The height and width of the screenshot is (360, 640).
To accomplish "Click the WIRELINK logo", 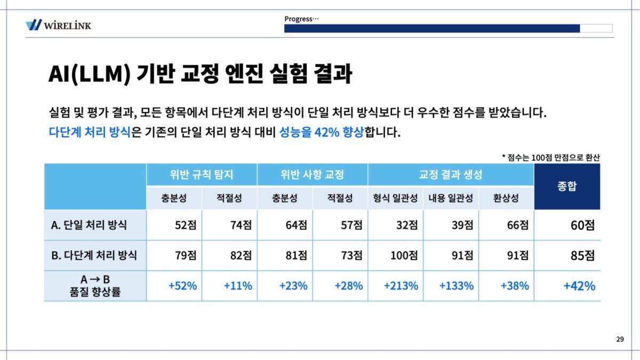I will pos(59,25).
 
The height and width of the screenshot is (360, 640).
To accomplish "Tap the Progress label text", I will pos(301,19).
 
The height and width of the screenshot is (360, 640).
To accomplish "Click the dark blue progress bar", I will pos(431,28).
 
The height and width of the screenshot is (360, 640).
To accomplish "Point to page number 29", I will pos(620,339).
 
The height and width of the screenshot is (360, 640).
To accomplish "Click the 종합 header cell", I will pos(567,187).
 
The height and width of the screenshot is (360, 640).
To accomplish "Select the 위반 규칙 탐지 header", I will pos(202,174).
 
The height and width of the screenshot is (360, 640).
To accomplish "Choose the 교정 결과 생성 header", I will pos(451,174).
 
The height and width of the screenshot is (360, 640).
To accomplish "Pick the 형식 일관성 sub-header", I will pos(395,198).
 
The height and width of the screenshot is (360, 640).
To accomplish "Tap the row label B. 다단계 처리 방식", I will pos(94,255).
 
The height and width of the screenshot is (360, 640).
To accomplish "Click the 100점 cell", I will pos(404,255).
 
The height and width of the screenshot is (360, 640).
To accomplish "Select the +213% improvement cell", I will pos(401,286).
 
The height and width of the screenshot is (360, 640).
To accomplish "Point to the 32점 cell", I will pos(407,225).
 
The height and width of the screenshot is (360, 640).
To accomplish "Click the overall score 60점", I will pos(582,225).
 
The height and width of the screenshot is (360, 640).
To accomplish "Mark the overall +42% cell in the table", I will pos(579,286).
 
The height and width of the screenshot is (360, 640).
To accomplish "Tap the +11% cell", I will pos(238,286).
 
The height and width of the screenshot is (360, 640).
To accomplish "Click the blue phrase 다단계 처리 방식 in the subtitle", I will pos(89,132).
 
